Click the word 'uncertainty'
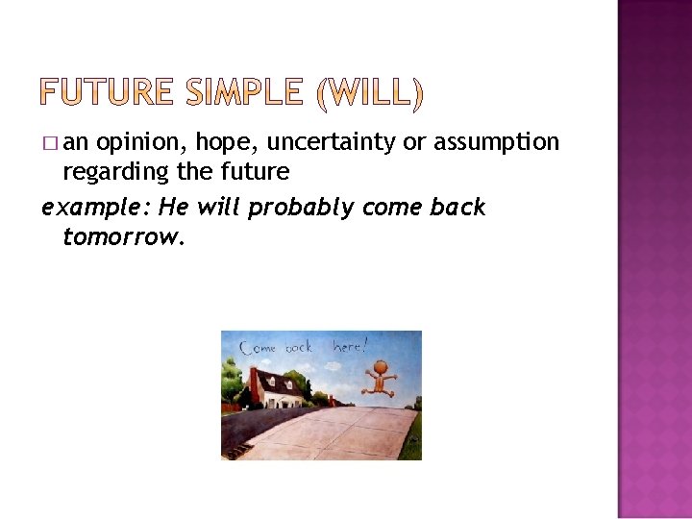click(x=332, y=143)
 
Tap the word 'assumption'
click(x=495, y=143)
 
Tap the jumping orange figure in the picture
click(x=382, y=377)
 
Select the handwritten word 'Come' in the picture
click(x=260, y=348)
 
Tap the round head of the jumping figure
click(x=382, y=365)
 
